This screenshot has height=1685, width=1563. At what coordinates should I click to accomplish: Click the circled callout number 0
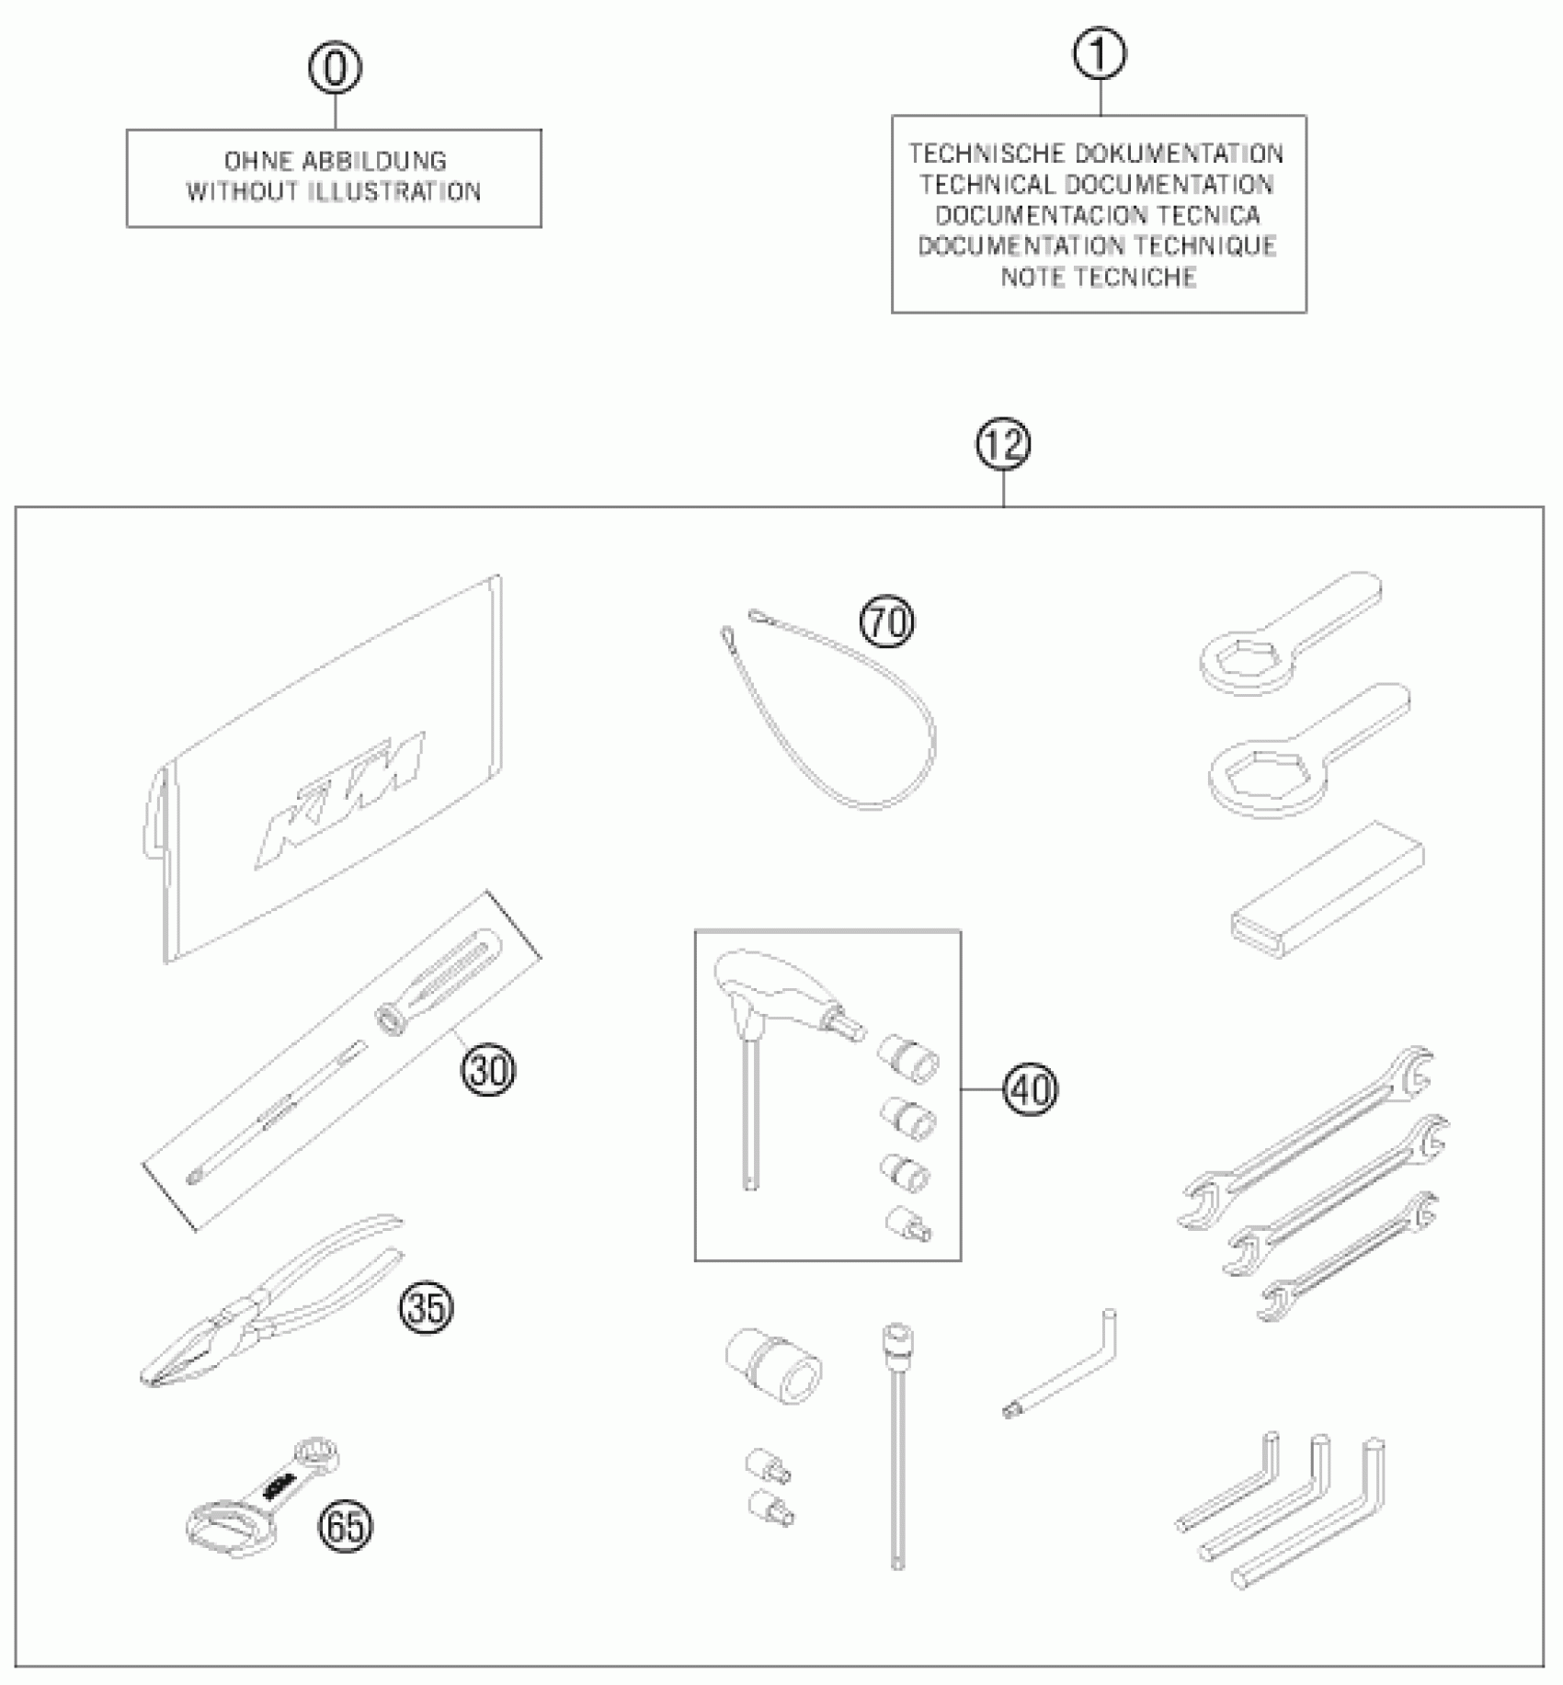[x=335, y=69]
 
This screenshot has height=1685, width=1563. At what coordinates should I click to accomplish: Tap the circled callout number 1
[x=1099, y=55]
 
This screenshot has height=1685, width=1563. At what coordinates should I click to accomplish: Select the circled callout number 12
[x=1003, y=445]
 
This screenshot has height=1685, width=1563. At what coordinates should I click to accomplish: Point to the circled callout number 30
[x=488, y=1070]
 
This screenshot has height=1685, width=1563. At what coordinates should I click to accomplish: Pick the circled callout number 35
[x=427, y=1306]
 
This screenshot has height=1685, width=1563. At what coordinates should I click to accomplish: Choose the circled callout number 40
[x=1031, y=1089]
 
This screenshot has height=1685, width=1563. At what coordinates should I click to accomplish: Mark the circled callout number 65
[x=346, y=1527]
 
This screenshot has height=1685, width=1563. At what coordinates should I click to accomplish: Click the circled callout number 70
[x=887, y=622]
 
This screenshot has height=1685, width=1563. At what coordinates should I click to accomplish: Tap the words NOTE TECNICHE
[x=1099, y=277]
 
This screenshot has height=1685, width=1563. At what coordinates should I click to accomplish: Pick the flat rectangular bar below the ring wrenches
[x=1327, y=884]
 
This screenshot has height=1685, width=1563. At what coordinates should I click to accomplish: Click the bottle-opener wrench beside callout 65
[x=262, y=1498]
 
